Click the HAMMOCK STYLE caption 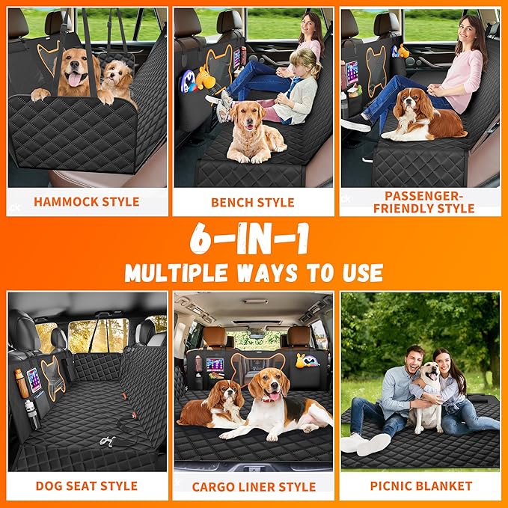tap(87, 201)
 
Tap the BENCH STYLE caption tap(253, 202)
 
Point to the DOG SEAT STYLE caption tap(87, 486)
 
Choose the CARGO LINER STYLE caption tap(253, 486)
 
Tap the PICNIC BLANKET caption tap(420, 486)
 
